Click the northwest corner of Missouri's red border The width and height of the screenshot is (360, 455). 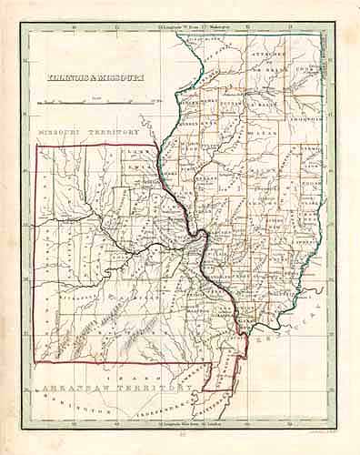35,145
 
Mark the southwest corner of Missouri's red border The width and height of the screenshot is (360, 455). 35,363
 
